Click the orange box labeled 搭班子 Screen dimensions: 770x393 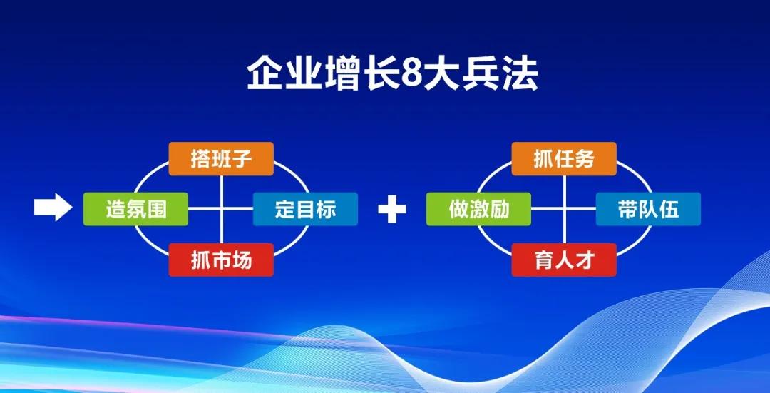pyautogui.click(x=221, y=158)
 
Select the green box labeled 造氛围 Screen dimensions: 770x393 pyautogui.click(x=135, y=209)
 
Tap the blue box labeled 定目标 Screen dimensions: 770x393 pyautogui.click(x=305, y=209)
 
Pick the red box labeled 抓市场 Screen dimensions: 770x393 pyautogui.click(x=221, y=260)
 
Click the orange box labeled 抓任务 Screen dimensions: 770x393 pyautogui.click(x=564, y=158)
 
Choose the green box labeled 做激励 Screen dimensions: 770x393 pyautogui.click(x=478, y=209)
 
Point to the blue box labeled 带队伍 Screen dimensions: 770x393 pyautogui.click(x=648, y=209)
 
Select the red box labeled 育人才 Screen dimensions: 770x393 pyautogui.click(x=564, y=260)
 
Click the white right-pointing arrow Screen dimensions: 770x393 pyautogui.click(x=53, y=207)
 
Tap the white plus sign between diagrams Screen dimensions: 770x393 pyautogui.click(x=392, y=209)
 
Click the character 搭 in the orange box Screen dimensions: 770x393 pyautogui.click(x=200, y=158)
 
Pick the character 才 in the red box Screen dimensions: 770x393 pyautogui.click(x=585, y=260)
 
